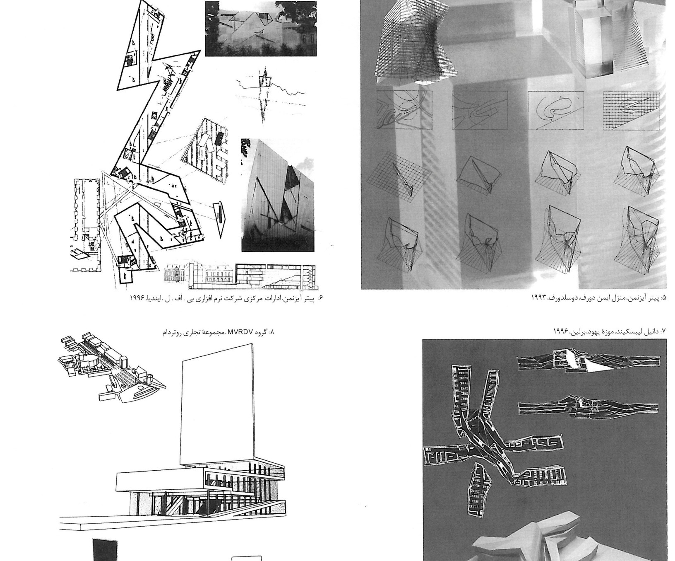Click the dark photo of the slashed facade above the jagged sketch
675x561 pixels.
click(x=261, y=29)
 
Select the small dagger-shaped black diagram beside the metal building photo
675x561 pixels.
click(x=220, y=217)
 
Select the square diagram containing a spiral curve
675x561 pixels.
click(x=556, y=111)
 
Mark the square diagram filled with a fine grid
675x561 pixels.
click(x=631, y=111)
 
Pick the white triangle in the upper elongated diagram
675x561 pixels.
click(x=598, y=365)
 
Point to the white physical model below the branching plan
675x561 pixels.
click(x=538, y=537)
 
